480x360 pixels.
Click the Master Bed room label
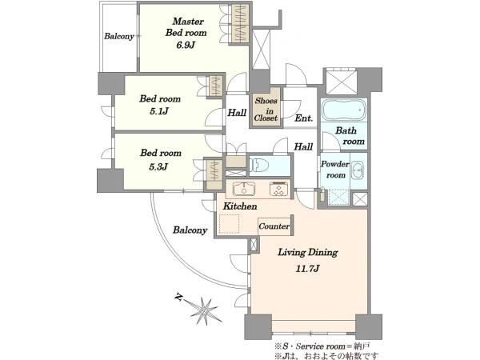tap(186, 27)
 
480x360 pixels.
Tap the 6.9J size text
tap(186, 45)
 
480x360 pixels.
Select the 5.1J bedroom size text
tap(159, 111)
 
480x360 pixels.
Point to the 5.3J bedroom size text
tap(158, 167)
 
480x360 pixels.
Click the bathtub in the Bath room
tap(344, 110)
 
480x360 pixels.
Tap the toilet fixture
tap(259, 166)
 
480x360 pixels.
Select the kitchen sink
tap(244, 189)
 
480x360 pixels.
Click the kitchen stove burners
tap(279, 189)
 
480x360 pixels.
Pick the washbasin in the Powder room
tap(358, 170)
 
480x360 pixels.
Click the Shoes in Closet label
tap(266, 110)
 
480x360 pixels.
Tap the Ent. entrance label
tap(304, 118)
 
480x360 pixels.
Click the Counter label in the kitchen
tap(274, 226)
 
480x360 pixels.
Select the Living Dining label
tap(308, 253)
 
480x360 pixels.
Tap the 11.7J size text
tap(307, 269)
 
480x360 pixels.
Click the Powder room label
tap(335, 170)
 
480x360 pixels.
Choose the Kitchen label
tap(240, 206)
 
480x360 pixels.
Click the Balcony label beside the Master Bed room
tap(119, 36)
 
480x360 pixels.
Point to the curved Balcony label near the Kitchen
tap(190, 230)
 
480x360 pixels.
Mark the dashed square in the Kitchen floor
tap(230, 224)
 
